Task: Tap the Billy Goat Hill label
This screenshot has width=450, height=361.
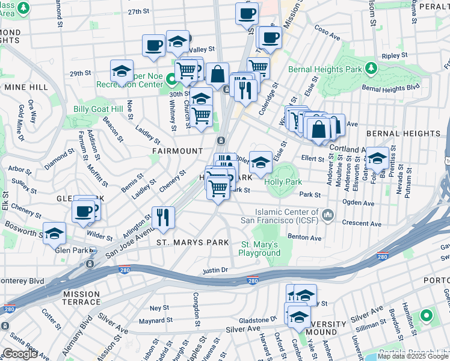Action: click(97, 109)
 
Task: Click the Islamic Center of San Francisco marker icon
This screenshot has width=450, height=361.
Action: click(328, 215)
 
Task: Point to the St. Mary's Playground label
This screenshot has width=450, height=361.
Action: click(260, 248)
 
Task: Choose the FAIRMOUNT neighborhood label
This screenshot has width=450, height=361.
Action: click(179, 150)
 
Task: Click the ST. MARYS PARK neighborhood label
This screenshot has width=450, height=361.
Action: click(193, 242)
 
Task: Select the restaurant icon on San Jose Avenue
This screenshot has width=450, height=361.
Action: click(162, 217)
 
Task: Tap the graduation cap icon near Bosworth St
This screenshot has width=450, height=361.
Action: click(54, 233)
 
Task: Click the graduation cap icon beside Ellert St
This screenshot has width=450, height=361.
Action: click(377, 158)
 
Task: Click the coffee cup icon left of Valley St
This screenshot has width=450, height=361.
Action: click(153, 45)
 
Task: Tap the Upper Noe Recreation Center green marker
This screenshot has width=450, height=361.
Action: click(171, 78)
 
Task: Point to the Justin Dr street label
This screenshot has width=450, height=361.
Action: click(215, 271)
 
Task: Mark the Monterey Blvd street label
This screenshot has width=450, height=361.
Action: click(22, 280)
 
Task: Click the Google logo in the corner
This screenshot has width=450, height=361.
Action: click(20, 353)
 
